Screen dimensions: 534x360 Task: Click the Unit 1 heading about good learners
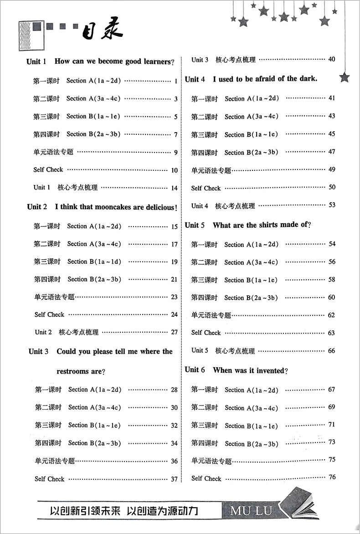click(x=101, y=62)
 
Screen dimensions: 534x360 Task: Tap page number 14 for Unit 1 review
click(x=174, y=188)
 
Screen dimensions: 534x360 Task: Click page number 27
click(x=174, y=332)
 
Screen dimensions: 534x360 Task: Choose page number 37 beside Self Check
click(x=174, y=479)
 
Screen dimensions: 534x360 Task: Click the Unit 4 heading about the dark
click(x=251, y=79)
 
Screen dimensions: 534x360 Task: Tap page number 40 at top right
click(x=331, y=59)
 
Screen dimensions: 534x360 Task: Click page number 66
click(x=331, y=350)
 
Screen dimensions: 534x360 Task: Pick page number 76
click(x=331, y=478)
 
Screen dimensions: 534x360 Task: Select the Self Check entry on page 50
click(x=206, y=188)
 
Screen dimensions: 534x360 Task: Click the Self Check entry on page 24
click(x=49, y=314)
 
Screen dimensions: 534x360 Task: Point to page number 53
click(x=331, y=205)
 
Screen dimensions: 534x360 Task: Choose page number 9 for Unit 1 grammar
click(x=175, y=152)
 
